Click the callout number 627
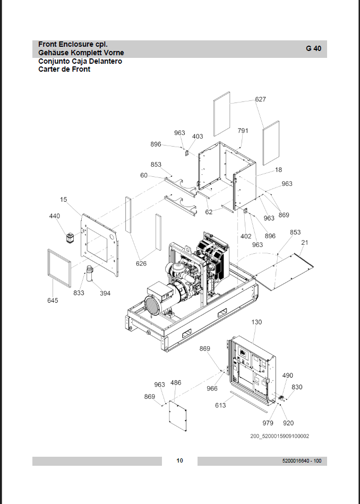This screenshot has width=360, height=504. (260, 99)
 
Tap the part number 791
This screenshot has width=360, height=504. (243, 131)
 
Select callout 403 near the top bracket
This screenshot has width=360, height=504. (198, 136)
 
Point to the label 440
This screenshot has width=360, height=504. (54, 216)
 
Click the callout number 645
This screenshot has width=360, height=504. (53, 301)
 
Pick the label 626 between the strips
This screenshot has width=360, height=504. (141, 263)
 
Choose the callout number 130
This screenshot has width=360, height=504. (256, 322)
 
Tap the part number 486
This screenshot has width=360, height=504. (176, 382)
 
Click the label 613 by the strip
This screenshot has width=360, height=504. (220, 405)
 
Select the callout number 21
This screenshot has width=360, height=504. (305, 243)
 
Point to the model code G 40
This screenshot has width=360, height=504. (313, 48)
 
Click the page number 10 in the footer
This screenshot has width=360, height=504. (179, 460)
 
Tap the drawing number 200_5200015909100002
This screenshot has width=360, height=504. (280, 436)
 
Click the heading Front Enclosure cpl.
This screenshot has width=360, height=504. (73, 45)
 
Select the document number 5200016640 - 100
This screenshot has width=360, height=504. (302, 461)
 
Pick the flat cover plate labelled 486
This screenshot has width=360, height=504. (178, 416)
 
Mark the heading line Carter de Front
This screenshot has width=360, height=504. (64, 69)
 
